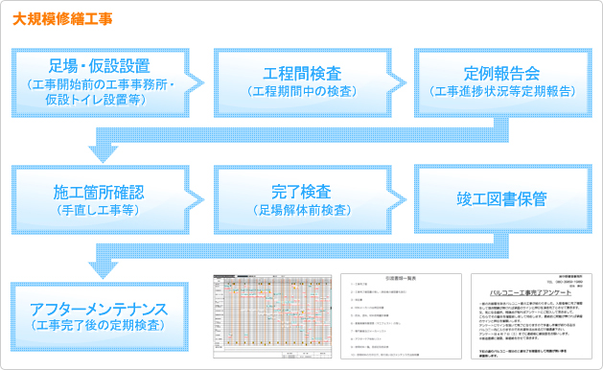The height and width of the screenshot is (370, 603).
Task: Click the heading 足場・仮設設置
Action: click(99, 67)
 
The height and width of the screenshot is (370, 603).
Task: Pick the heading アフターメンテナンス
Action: click(99, 310)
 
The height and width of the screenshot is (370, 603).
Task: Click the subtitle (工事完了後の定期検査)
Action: click(99, 328)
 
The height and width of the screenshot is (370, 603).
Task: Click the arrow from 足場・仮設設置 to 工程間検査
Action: click(201, 81)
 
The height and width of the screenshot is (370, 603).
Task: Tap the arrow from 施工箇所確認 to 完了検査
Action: click(201, 199)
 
